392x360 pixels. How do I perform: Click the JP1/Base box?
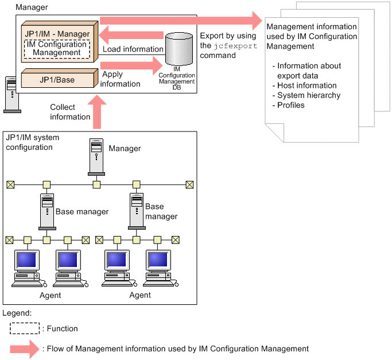click(57, 79)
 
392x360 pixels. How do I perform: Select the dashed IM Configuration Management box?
click(57, 48)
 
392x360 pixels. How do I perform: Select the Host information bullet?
click(305, 85)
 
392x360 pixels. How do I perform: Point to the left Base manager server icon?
click(46, 211)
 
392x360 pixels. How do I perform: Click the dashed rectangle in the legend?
click(25, 328)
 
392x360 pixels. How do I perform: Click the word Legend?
click(17, 313)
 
